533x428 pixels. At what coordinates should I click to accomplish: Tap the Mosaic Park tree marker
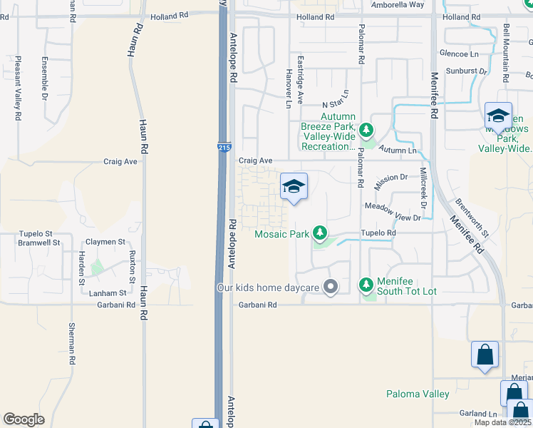[x=321, y=233]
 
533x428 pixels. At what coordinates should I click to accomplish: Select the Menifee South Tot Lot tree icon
[x=366, y=285]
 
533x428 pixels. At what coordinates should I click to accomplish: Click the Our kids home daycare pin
[x=330, y=287]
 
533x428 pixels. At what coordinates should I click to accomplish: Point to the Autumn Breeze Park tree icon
[x=366, y=130]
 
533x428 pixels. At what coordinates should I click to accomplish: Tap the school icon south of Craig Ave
[x=294, y=187]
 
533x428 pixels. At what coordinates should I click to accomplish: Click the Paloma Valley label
[x=418, y=394]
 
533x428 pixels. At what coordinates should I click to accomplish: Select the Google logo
[x=24, y=419]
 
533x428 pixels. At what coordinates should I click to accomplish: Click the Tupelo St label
[x=36, y=233]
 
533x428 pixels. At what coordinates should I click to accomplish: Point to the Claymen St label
[x=106, y=243]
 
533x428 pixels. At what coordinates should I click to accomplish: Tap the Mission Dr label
[x=390, y=178]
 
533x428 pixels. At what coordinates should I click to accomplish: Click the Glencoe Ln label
[x=459, y=54]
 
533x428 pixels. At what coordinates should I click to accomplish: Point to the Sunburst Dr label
[x=466, y=71]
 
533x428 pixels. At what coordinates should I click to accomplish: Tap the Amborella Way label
[x=398, y=4]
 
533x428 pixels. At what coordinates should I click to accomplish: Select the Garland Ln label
[x=477, y=414]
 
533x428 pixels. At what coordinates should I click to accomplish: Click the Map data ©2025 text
[x=503, y=422]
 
